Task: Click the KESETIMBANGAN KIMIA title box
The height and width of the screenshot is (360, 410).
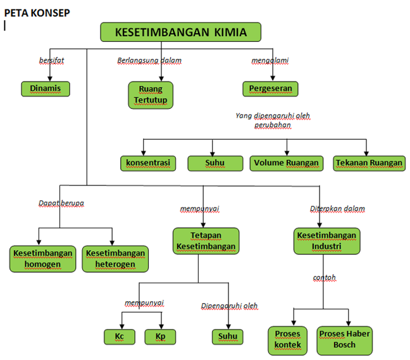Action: pos(181,32)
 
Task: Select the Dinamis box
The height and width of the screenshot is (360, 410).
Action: pos(46,89)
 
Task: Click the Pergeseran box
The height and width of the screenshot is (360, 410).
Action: pos(270,89)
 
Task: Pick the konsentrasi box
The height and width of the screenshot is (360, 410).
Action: pos(147,163)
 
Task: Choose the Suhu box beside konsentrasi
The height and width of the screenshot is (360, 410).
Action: pos(215,163)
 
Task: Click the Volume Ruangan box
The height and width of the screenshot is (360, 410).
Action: pos(287,163)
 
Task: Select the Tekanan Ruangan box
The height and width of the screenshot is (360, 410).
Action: pos(369,163)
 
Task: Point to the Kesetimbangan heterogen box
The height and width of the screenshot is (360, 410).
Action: pos(115,259)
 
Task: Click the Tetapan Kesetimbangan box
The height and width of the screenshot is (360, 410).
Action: pos(206,241)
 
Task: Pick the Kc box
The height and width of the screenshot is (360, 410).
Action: pos(120,337)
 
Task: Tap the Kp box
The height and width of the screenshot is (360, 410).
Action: pos(160,337)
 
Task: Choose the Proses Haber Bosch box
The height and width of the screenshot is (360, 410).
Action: pos(345,340)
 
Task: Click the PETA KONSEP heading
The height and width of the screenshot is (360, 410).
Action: pos(37,12)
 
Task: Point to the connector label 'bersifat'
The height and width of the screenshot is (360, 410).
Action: pos(52,61)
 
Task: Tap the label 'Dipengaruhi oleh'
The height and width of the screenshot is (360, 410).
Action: pos(230,306)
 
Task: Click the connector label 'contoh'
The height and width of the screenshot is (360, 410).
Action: pos(325,278)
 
